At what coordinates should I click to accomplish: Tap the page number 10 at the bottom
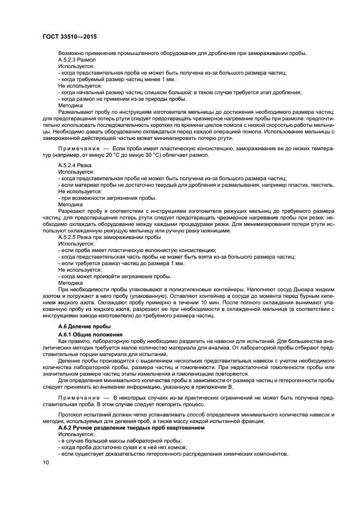(x=46, y=463)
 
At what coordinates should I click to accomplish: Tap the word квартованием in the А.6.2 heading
(x=185, y=428)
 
